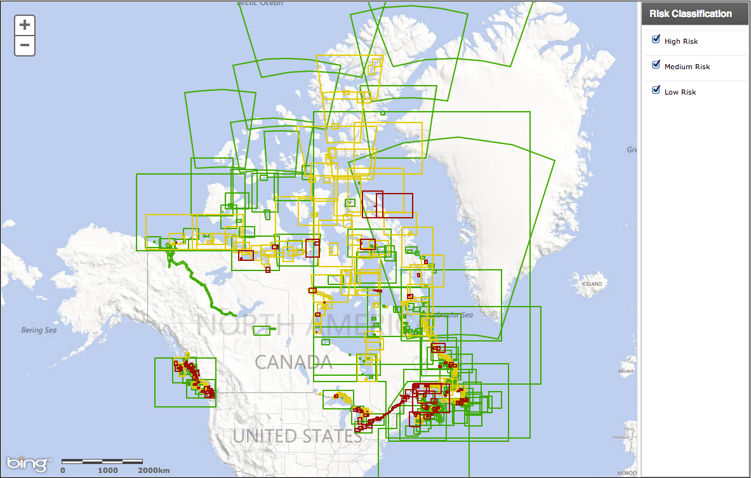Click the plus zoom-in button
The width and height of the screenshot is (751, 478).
click(x=25, y=25)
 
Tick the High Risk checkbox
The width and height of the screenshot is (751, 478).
click(x=656, y=40)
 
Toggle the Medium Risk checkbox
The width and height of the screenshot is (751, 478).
click(x=656, y=65)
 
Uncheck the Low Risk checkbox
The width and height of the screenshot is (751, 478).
click(x=656, y=91)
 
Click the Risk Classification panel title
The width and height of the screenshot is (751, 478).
click(x=690, y=14)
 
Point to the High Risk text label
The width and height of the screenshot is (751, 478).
click(x=681, y=41)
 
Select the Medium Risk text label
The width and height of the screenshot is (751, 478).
click(x=687, y=67)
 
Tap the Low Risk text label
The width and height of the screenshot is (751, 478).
click(x=680, y=92)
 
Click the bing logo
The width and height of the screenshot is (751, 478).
click(x=27, y=463)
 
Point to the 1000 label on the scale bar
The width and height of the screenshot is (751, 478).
click(x=108, y=470)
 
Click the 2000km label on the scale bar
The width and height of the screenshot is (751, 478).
click(x=154, y=470)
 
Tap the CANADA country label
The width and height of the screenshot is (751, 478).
click(x=293, y=362)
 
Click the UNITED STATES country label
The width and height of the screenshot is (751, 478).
click(x=296, y=437)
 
